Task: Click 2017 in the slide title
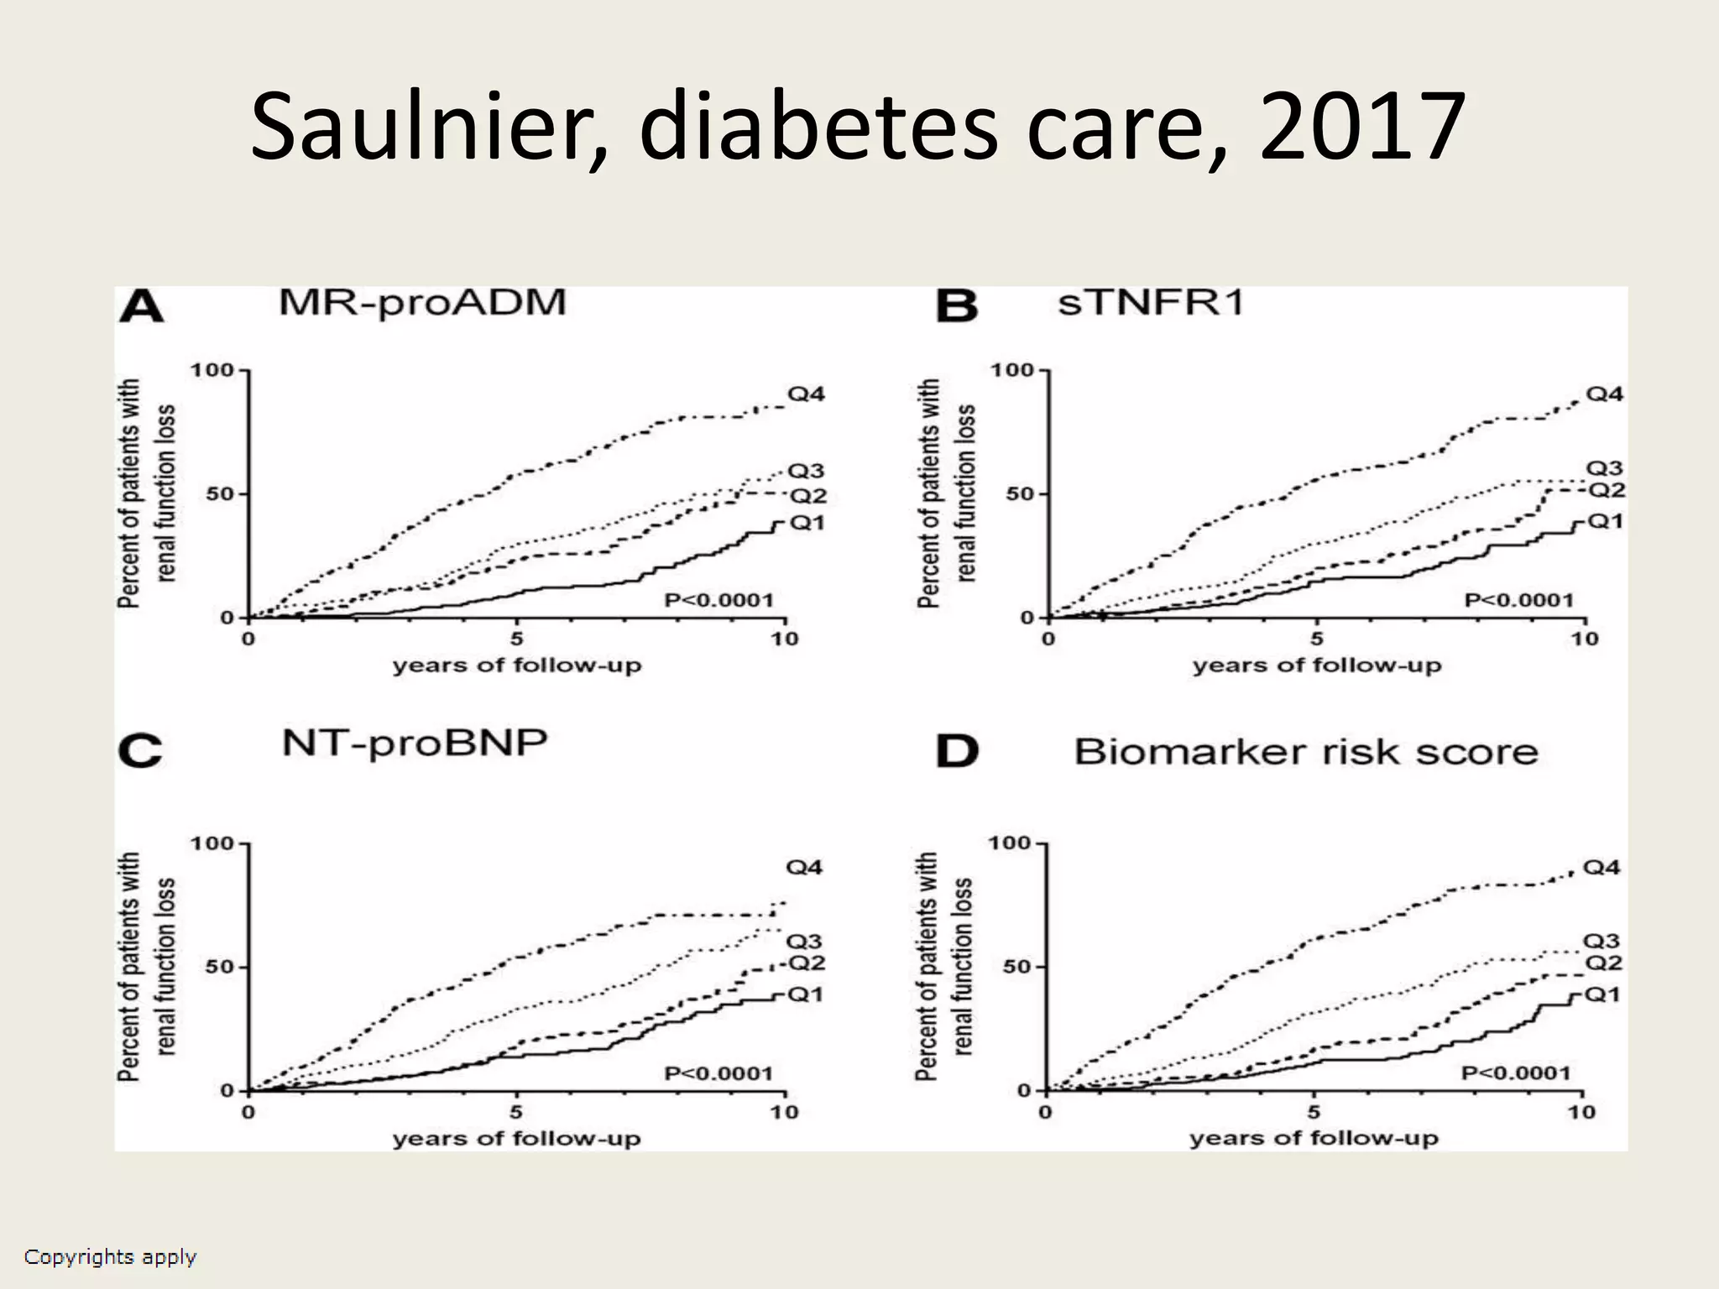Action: pos(1361,128)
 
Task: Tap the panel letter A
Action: pos(141,307)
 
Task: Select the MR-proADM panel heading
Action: pos(422,302)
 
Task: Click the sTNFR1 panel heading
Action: pos(1151,302)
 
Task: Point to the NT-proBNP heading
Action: pos(415,744)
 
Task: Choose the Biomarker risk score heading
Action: pos(1305,752)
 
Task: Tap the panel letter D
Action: pos(957,752)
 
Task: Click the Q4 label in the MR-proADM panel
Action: pos(805,394)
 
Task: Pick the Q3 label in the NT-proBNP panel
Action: pos(804,942)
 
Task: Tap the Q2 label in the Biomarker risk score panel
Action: pos(1602,963)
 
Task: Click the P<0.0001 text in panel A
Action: pos(718,600)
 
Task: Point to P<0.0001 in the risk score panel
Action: pos(1515,1073)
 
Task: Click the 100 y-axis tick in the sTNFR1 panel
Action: pos(1012,370)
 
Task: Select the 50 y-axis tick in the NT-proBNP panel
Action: pos(220,967)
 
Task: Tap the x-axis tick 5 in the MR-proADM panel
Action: pos(517,639)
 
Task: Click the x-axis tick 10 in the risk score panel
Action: pos(1581,1113)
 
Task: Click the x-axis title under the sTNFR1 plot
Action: pos(1316,666)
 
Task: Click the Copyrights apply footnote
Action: pos(110,1257)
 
